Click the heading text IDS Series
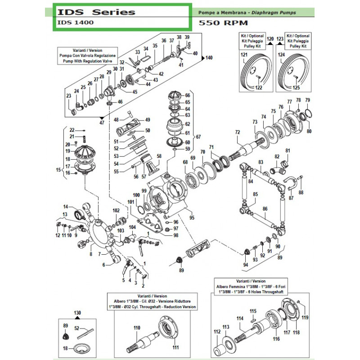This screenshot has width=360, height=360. tap(96, 12)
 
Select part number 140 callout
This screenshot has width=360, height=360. tap(208, 58)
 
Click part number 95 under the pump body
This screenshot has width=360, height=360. tap(192, 218)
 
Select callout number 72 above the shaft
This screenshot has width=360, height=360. tap(238, 132)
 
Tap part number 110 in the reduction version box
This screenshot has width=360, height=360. tap(136, 328)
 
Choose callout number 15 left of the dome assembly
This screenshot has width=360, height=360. tap(58, 170)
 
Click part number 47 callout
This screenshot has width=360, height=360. tap(101, 122)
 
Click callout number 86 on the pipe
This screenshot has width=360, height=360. tap(265, 209)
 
